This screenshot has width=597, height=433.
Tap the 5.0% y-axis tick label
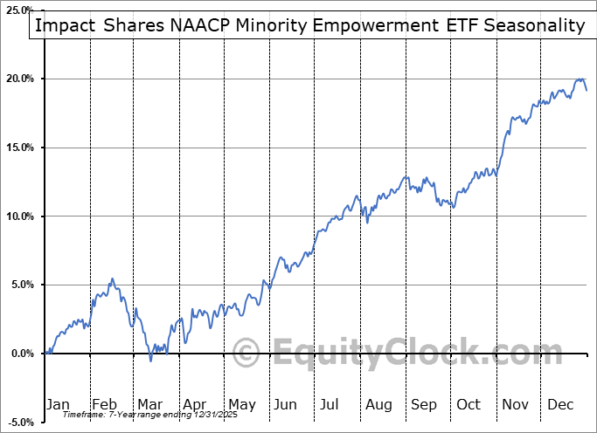(22, 285)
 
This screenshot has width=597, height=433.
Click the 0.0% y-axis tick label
(22, 354)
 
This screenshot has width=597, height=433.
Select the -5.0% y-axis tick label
(20, 422)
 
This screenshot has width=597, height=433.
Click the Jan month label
(58, 404)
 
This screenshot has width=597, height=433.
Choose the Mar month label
(149, 404)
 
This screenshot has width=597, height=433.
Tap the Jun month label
(286, 404)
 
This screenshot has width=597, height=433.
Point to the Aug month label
(378, 404)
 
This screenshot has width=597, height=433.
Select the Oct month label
(469, 404)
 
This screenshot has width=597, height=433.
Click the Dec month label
(561, 404)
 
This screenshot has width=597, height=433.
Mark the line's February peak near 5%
(112, 279)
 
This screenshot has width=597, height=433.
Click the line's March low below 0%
(150, 360)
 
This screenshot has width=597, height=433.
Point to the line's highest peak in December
(580, 79)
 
